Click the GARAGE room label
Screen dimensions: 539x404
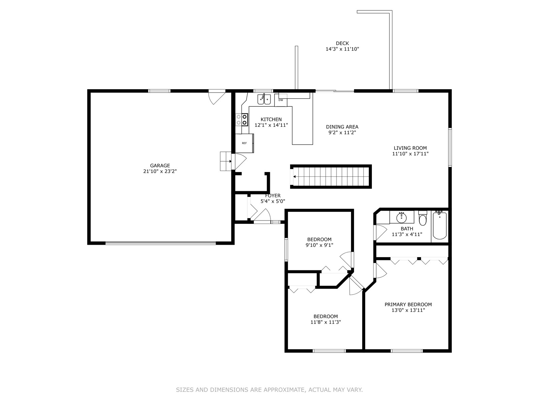[160, 166]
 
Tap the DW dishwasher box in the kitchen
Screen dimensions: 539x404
[281, 100]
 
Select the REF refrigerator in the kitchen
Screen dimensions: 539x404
[244, 143]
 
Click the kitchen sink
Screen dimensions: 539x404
[264, 99]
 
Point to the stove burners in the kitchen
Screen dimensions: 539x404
[242, 120]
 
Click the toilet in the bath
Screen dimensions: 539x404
[422, 218]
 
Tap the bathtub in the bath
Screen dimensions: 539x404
[440, 226]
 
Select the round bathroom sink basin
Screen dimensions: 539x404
[402, 217]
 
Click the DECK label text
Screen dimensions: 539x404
[342, 43]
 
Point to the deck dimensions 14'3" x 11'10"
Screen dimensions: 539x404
[342, 49]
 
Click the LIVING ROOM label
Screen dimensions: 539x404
[410, 148]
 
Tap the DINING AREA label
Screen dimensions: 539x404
[342, 127]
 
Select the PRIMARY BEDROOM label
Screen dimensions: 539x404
[408, 304]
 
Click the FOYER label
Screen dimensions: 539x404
[273, 196]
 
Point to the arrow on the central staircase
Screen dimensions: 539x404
[294, 177]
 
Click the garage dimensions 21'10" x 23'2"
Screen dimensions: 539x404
[160, 171]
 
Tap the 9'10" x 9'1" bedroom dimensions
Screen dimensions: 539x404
[319, 245]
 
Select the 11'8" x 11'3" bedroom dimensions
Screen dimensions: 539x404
[326, 322]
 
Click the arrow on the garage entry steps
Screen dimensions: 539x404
[230, 161]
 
